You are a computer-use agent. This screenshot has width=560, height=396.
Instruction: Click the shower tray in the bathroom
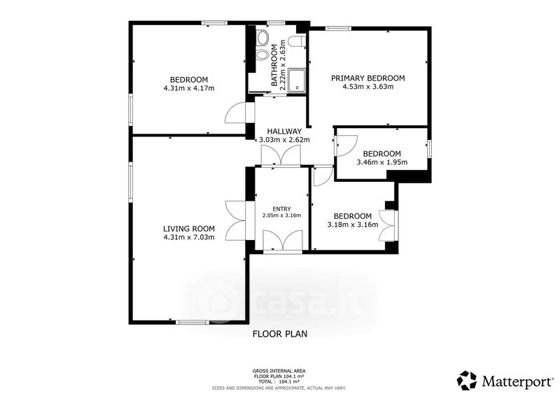(x=297, y=80)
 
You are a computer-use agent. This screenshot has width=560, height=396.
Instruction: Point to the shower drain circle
(x=297, y=87)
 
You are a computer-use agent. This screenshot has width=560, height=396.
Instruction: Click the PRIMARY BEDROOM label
(x=368, y=78)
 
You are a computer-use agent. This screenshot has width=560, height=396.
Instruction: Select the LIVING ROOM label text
(x=189, y=229)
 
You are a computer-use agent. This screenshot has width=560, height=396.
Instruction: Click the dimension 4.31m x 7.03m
(x=189, y=237)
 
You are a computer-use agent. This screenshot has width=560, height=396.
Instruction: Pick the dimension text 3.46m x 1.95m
(x=382, y=162)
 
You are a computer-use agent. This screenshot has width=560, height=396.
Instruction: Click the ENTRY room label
(x=282, y=209)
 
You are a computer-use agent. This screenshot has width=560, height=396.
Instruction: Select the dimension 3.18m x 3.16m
(x=353, y=225)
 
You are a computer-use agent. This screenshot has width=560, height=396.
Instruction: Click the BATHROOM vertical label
(x=274, y=65)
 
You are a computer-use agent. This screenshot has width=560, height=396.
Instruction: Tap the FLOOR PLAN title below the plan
(x=280, y=334)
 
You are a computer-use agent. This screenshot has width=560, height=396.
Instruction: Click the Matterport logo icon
(x=467, y=381)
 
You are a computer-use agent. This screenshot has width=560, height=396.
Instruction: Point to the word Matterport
(x=517, y=381)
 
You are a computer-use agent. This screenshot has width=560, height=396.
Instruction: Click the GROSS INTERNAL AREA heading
(x=279, y=371)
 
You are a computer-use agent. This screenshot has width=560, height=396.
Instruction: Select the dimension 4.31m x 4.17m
(x=189, y=88)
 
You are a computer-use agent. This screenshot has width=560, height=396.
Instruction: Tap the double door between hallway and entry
(x=281, y=157)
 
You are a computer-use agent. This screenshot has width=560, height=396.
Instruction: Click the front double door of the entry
(x=283, y=241)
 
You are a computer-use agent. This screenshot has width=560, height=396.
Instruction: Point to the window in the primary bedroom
(x=338, y=29)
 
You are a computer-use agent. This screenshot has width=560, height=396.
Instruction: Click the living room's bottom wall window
(x=193, y=322)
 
